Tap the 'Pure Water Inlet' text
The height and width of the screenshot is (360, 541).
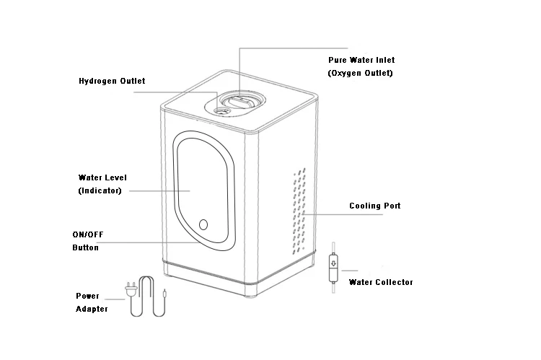tap(361, 60)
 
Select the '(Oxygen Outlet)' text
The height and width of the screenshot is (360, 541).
tap(361, 74)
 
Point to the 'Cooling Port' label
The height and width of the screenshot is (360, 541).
tap(375, 206)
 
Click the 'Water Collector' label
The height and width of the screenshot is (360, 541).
tap(381, 282)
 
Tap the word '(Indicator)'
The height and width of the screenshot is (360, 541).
tap(100, 190)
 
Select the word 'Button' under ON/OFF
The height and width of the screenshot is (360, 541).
tap(85, 248)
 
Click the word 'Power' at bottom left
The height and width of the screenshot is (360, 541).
tap(87, 296)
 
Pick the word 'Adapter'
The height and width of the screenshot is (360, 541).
tap(92, 309)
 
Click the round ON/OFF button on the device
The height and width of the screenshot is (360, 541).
tap(203, 224)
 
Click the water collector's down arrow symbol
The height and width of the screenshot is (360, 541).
tap(333, 263)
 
